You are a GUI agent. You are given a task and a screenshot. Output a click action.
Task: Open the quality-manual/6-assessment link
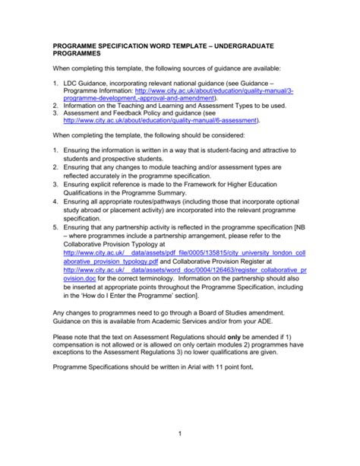pos(161,119)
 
